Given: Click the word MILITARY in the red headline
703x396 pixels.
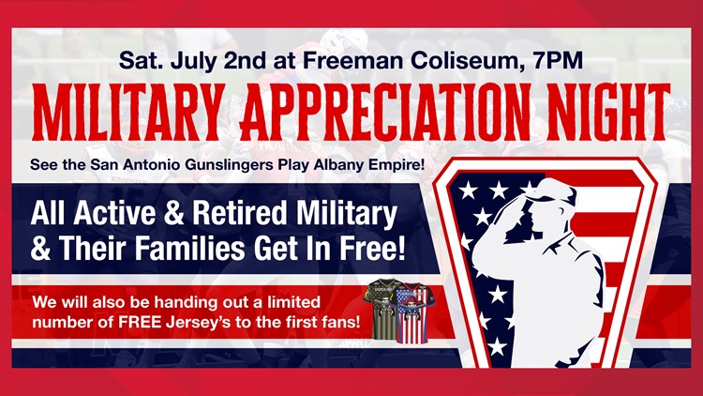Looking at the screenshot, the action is [x=127, y=113].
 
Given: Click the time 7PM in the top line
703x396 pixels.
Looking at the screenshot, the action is [x=558, y=60].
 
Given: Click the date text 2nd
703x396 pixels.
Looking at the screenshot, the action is [x=245, y=60].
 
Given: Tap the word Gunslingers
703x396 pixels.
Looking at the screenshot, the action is [x=229, y=165].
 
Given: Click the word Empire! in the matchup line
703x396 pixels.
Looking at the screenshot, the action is [x=396, y=165].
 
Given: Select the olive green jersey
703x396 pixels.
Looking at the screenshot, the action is [x=380, y=309].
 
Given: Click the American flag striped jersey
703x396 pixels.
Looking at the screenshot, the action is [x=411, y=312].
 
